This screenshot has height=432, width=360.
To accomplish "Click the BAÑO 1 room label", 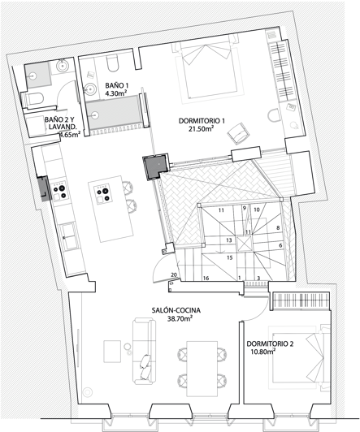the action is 117,85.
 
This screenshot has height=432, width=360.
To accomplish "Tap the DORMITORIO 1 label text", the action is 202,121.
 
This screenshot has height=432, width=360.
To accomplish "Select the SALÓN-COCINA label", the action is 176,310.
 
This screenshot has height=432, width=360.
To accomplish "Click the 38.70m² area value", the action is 180,319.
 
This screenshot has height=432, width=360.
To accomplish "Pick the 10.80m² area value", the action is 263,352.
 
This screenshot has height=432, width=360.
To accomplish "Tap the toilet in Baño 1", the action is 112,64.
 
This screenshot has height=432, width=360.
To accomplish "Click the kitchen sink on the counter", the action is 69,236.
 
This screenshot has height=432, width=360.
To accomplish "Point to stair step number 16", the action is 206,279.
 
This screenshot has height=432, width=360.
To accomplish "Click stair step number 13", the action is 229,240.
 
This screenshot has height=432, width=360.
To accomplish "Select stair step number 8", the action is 278,228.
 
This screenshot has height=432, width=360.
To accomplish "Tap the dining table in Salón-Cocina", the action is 202,369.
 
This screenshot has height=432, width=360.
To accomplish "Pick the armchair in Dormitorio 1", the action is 238,134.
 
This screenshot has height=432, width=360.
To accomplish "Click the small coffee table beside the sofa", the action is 112,352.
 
